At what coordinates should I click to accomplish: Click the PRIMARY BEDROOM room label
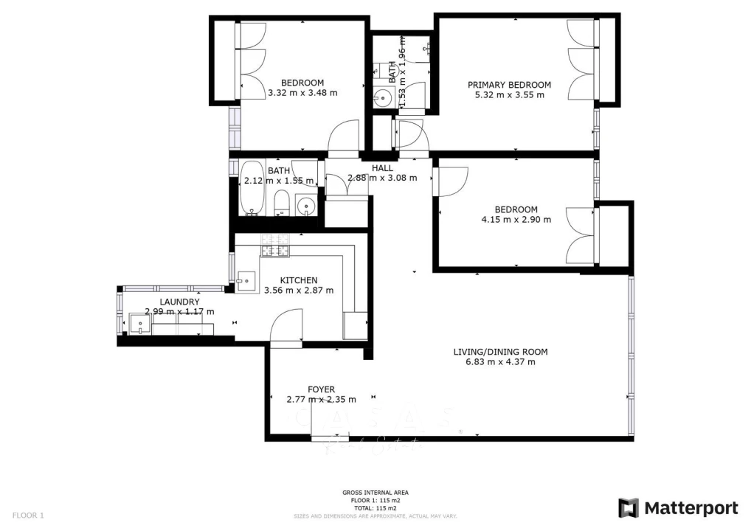point(509,85)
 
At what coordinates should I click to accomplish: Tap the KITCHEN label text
point(299,280)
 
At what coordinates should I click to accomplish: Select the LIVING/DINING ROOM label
point(500,352)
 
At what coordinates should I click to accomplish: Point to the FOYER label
point(321,389)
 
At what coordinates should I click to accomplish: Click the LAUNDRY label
point(179,302)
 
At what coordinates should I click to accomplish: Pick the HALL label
point(382,168)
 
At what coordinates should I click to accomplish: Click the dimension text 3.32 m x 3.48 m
point(302,93)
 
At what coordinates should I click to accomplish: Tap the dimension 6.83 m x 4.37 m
point(500,361)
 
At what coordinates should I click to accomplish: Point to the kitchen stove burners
point(274,246)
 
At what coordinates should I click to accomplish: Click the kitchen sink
point(247,279)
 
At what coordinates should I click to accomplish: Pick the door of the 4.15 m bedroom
point(451,181)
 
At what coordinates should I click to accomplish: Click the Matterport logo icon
point(628,508)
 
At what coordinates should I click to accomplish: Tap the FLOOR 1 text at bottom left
point(29,515)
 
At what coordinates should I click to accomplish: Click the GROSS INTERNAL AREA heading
point(375,493)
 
